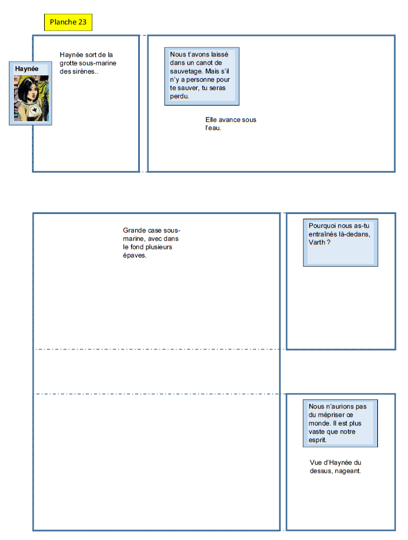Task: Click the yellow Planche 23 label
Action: tap(68, 22)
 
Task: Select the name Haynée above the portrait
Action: tap(27, 68)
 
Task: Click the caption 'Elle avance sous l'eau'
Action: tap(230, 124)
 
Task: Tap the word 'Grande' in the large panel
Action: tap(134, 230)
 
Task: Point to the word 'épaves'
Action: tap(134, 255)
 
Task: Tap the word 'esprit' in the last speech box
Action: tap(318, 440)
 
